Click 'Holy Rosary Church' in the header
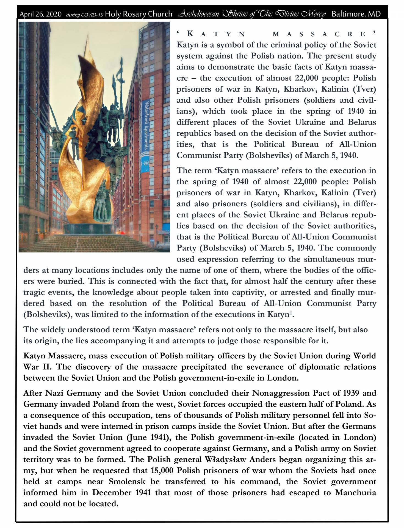pos(139,14)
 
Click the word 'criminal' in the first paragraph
pos(286,45)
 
